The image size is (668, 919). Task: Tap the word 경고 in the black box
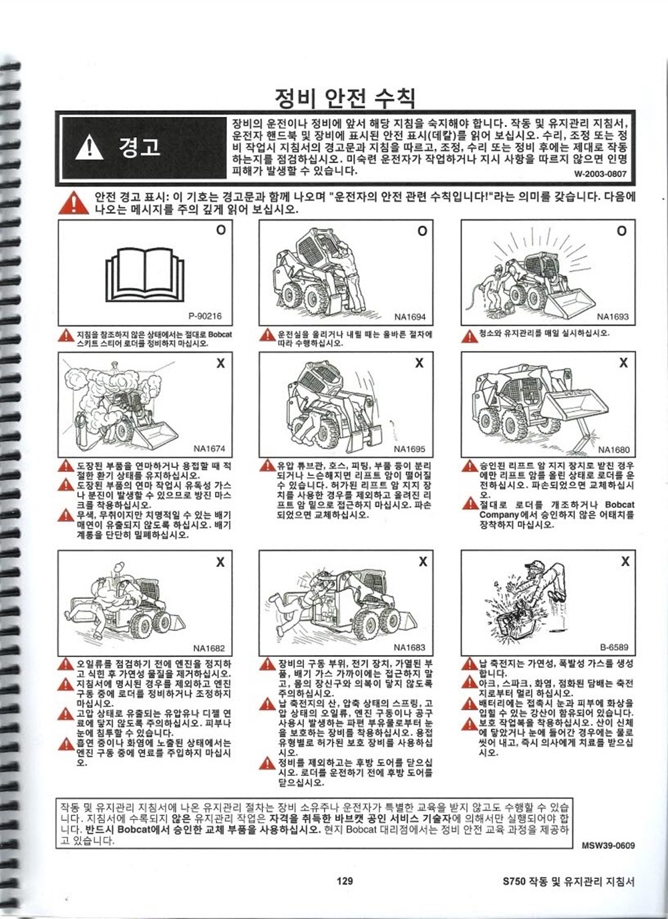coord(140,146)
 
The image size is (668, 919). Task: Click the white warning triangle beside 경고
coord(90,148)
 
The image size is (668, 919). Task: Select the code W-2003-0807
coord(601,174)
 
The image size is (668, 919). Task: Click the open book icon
coord(145,274)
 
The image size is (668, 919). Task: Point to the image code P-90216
coord(205,316)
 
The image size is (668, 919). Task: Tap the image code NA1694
coord(410,317)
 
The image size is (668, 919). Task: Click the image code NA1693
coord(613,316)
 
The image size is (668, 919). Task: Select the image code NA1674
coord(209,448)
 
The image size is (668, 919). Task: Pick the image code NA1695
coord(409,449)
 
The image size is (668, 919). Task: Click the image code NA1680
coord(613,450)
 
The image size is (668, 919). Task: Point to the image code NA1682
coord(209,648)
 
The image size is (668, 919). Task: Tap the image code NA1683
coord(409,648)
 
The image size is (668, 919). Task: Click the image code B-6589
coord(614,648)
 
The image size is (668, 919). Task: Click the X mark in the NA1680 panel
coord(623,362)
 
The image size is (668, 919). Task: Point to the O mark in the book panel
coord(221,230)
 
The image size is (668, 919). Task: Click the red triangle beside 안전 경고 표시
coord(73,203)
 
